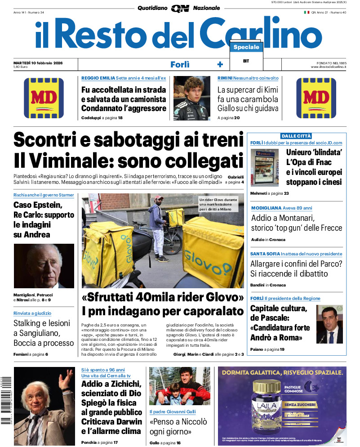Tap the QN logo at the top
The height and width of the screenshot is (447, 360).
(180, 8)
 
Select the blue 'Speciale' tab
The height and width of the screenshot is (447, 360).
(246, 47)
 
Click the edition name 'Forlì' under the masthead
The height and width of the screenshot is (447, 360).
(180, 64)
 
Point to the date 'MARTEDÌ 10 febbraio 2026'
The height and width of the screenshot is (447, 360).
(38, 63)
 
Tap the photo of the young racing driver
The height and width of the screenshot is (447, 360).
(191, 98)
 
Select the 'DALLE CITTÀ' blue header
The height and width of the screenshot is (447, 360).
(296, 136)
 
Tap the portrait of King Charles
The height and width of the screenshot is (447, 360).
(44, 266)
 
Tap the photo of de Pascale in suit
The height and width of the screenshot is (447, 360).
(329, 324)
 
